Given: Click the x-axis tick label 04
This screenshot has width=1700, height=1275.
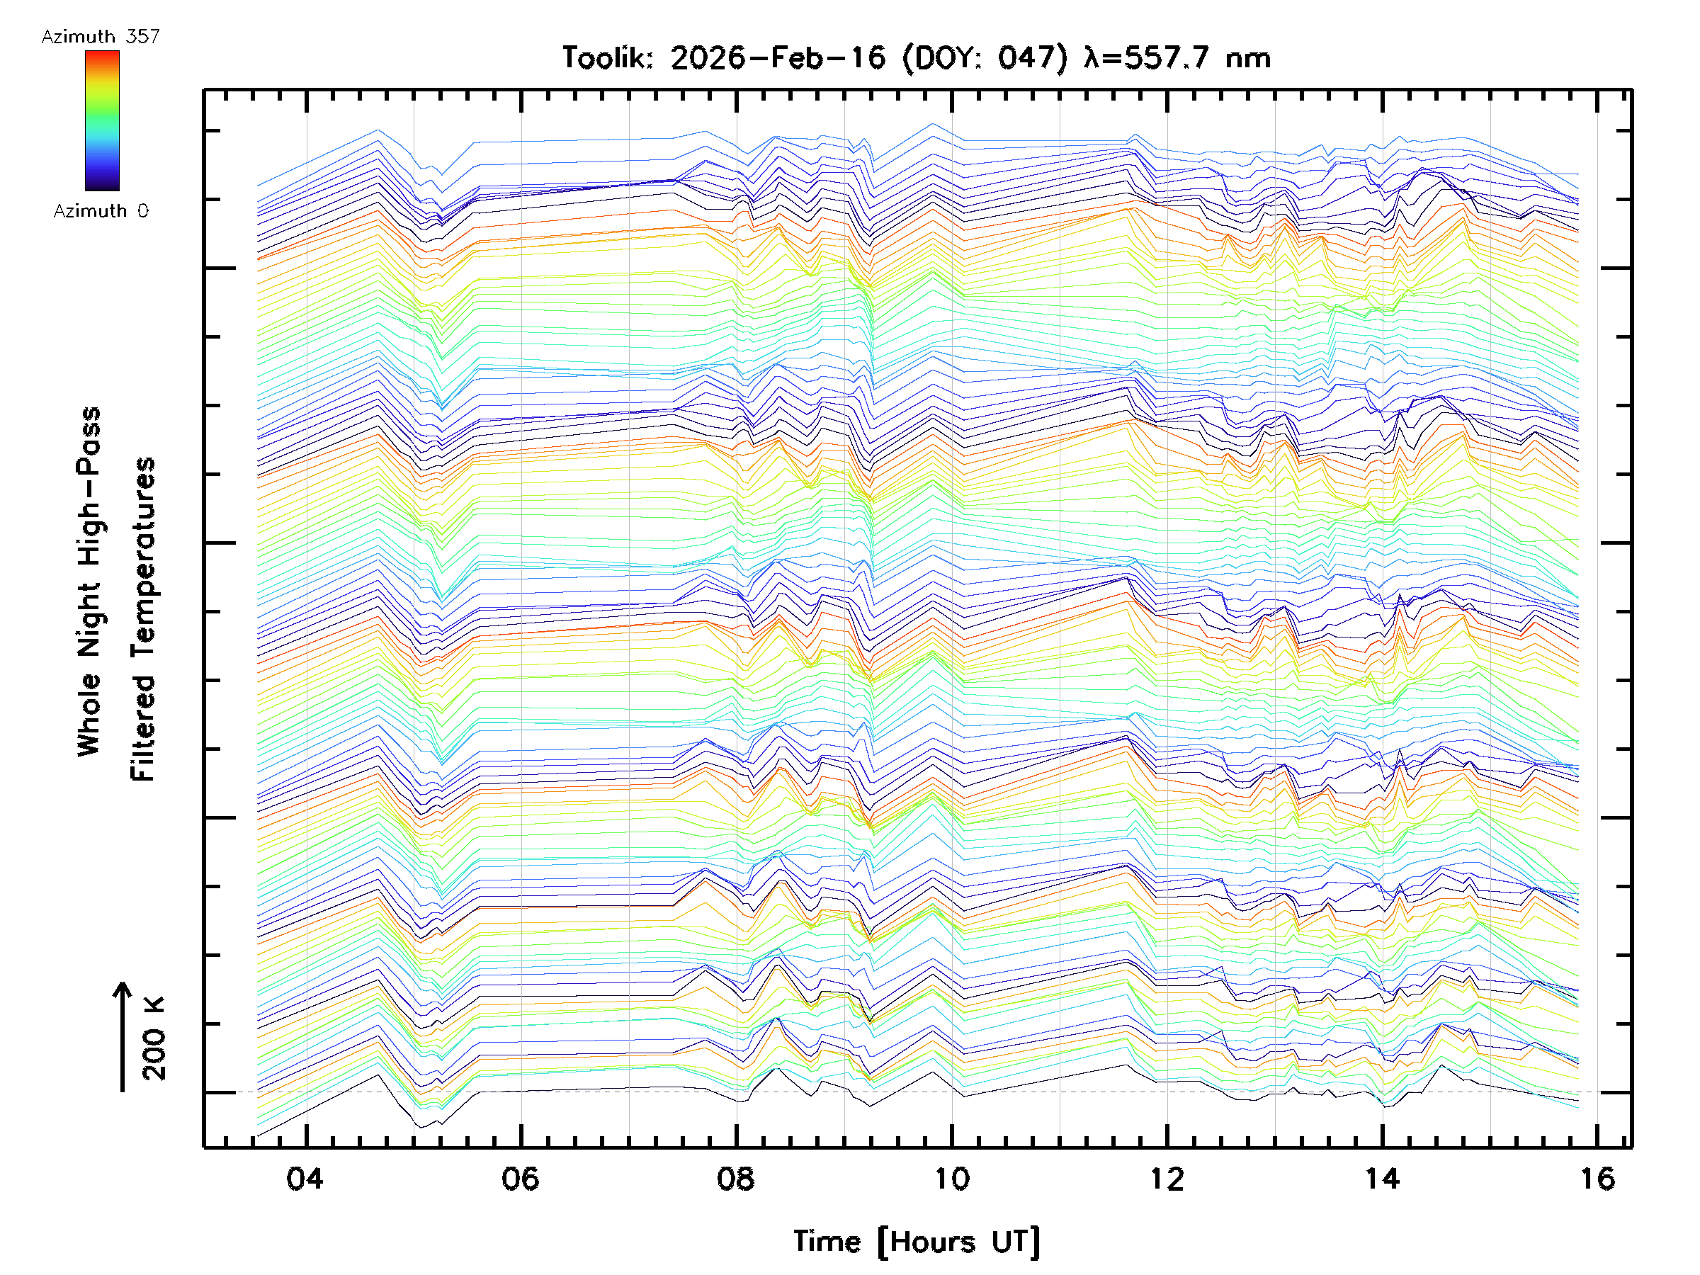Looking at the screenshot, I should click(305, 1178).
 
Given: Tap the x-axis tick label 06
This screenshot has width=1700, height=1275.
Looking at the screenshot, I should click(521, 1178).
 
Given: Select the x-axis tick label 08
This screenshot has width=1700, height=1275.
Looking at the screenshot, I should click(735, 1178).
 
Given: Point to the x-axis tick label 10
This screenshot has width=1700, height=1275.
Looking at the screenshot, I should click(951, 1178).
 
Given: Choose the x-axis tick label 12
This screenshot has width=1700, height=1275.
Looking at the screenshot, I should click(1167, 1178).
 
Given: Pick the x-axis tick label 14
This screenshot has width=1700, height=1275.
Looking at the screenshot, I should click(1382, 1178).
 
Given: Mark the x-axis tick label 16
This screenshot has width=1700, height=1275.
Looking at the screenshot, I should click(1597, 1178).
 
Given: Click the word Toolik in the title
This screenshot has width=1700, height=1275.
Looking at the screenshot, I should click(607, 57).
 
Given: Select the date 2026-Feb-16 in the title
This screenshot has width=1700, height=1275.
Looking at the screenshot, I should click(777, 57).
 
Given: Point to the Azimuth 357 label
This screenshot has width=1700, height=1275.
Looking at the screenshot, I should click(101, 36).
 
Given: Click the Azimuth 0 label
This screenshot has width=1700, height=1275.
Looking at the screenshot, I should click(101, 210).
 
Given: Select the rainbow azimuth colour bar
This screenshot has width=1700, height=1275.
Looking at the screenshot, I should click(102, 120).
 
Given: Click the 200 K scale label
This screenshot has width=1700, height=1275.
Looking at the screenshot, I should click(154, 1038).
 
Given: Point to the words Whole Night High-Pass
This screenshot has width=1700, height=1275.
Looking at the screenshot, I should click(89, 581).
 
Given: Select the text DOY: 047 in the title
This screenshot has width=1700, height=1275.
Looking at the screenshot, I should click(985, 57).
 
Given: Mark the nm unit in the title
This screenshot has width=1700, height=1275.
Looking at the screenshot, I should click(1248, 57).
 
